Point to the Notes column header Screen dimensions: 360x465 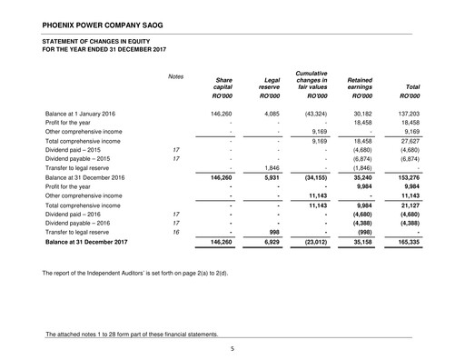[176, 75]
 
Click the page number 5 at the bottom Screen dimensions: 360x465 [232, 347]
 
